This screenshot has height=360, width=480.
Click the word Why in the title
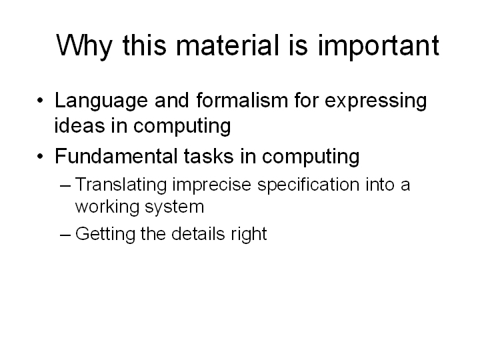84,46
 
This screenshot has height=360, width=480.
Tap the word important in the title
379,47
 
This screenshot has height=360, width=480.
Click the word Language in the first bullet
101,101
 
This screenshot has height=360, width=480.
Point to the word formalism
242,100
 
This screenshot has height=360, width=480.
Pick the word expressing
375,101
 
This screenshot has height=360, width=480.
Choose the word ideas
79,125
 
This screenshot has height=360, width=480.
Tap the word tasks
209,156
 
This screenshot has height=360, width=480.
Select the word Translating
121,185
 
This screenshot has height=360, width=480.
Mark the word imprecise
211,185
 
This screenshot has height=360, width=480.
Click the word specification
309,185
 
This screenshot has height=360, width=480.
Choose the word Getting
105,235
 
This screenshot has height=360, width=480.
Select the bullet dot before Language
40,100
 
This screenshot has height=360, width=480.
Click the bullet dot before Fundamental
40,156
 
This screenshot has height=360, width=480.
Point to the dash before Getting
65,235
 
